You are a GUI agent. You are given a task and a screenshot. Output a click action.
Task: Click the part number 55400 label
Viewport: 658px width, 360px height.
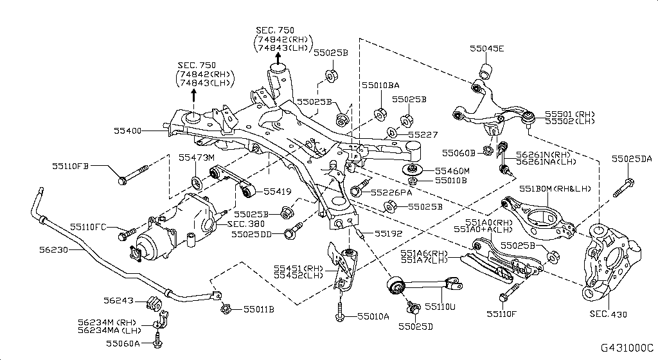pos(128,131)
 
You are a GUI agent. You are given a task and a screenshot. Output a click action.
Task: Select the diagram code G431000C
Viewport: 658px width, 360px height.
pos(627,348)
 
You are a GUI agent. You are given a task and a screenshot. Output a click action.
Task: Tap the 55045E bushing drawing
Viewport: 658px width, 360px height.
pos(486,71)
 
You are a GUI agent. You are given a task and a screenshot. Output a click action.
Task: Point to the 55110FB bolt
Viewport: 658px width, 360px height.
pos(133,175)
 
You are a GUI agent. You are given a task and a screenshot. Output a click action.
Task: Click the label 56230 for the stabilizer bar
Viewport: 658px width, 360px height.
pos(54,249)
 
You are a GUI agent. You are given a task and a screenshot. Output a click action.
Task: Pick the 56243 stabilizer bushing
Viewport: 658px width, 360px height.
pos(154,303)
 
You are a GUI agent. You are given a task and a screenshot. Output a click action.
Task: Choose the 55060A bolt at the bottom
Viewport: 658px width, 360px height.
pos(157,340)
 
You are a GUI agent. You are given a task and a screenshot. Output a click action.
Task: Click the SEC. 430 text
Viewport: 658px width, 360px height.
pos(608,314)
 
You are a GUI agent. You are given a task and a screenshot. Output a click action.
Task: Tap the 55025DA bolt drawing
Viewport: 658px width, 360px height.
pos(623,188)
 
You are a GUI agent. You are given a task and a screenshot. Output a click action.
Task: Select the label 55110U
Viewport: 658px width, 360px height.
pos(440,307)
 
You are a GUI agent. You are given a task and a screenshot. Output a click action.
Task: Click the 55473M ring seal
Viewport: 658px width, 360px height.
pos(196,183)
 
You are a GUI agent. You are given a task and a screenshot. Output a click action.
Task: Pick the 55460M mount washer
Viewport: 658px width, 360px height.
pos(411,170)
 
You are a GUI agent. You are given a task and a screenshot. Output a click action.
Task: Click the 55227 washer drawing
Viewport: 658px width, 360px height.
pos(392,133)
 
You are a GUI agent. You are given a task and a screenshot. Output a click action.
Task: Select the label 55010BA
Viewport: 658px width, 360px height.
pos(380,85)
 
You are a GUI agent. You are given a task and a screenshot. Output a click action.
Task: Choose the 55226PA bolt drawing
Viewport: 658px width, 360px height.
pos(360,186)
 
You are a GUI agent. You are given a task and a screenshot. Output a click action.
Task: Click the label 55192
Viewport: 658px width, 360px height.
pos(388,234)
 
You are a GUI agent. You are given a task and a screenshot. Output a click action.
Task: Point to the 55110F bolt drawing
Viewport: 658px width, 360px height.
pos(510,292)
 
